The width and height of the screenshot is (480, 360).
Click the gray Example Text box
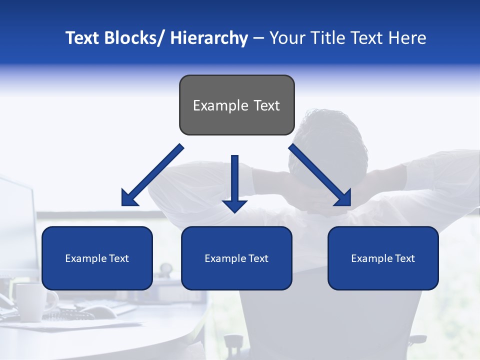236,105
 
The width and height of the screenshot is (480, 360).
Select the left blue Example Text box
97,258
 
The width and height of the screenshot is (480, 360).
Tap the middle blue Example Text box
236,258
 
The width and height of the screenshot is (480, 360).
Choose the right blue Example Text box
383,258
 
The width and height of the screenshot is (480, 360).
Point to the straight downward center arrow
234,180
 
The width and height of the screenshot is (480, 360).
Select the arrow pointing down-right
320,175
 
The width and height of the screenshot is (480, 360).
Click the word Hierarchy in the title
209,38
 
